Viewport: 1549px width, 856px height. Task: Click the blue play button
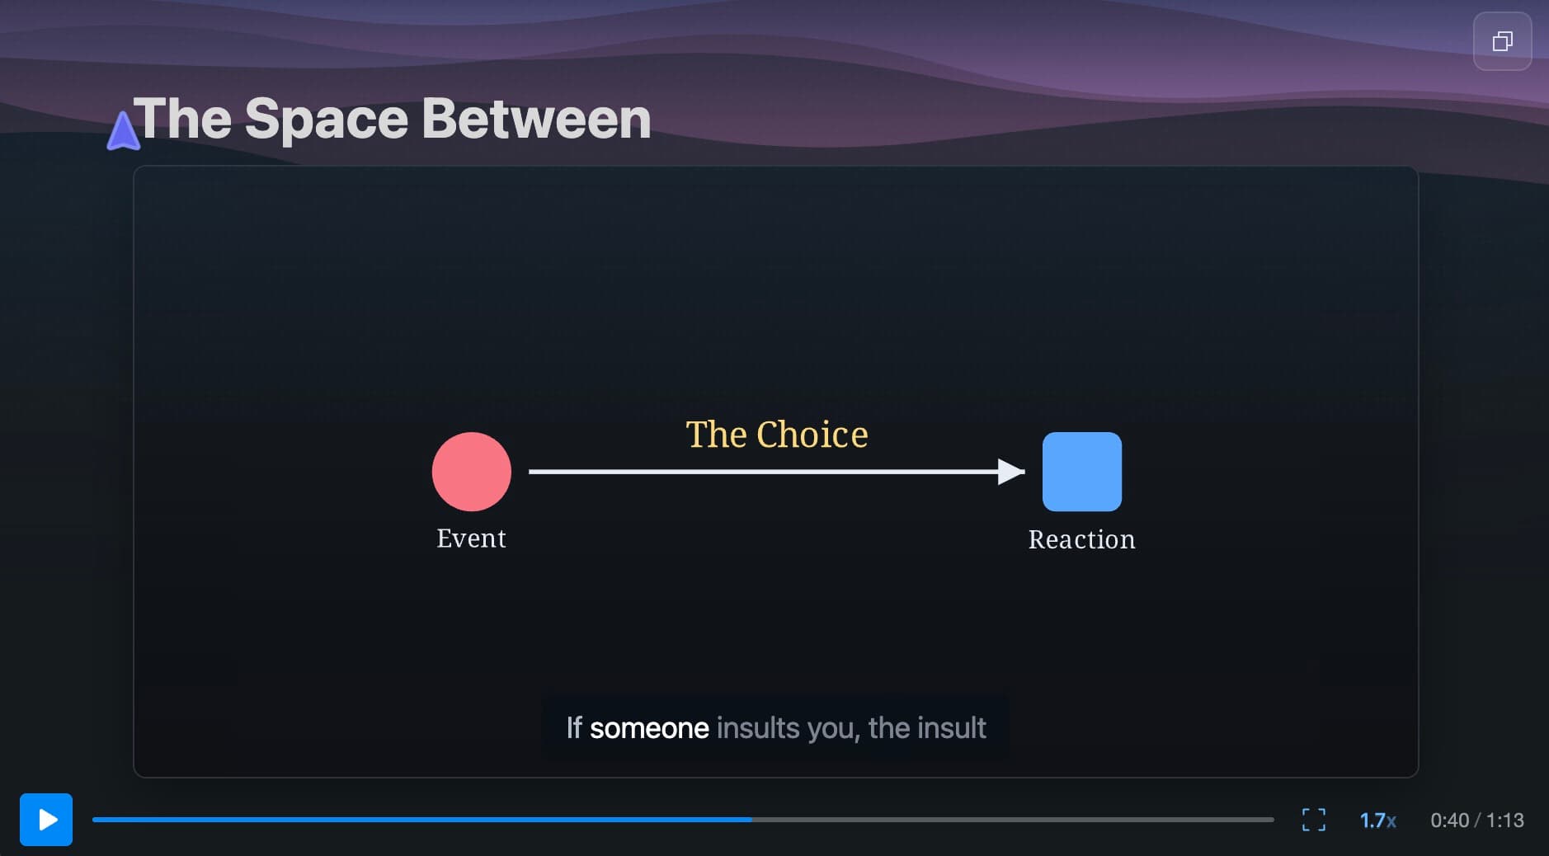click(x=46, y=820)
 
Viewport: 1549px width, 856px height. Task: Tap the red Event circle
click(x=472, y=472)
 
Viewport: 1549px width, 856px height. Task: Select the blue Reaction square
click(x=1082, y=472)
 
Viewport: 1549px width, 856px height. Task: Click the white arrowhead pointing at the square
click(x=1011, y=472)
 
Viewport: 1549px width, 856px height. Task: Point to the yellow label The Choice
click(x=777, y=435)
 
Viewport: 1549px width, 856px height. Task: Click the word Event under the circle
click(x=471, y=539)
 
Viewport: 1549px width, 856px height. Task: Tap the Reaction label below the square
click(x=1081, y=539)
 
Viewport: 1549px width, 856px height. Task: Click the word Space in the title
click(x=327, y=120)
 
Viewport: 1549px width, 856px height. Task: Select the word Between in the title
click(x=536, y=119)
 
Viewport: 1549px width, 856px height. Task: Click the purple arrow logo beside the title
click(x=123, y=131)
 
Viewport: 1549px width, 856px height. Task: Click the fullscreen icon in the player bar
click(x=1314, y=820)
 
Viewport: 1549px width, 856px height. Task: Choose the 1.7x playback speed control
click(x=1377, y=821)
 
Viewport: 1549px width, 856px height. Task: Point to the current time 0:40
click(x=1449, y=821)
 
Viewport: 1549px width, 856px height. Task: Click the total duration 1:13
click(x=1505, y=821)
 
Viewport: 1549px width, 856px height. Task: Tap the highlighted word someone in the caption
click(x=649, y=728)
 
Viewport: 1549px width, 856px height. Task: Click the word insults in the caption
click(x=758, y=728)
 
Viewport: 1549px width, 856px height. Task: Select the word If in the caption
click(x=574, y=728)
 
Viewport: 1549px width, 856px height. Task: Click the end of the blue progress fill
click(x=751, y=820)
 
